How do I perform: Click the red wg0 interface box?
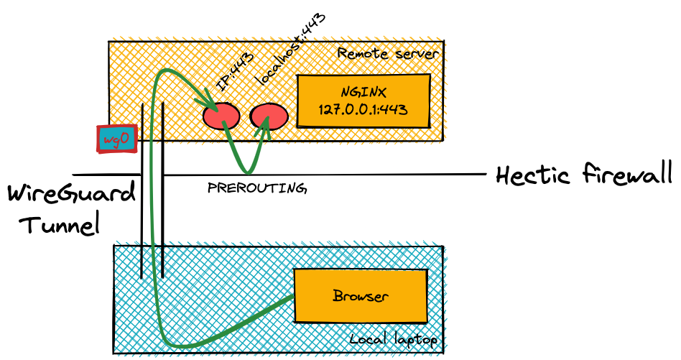(117, 139)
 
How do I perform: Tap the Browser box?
(360, 295)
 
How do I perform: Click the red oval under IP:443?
(220, 115)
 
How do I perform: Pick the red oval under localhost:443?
(269, 115)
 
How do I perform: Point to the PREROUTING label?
(256, 188)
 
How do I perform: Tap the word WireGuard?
(70, 195)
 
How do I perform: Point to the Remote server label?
(388, 54)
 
